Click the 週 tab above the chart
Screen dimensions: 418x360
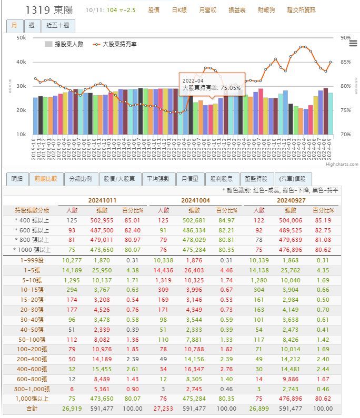32,25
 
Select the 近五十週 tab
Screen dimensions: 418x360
58,25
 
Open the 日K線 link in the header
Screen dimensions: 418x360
180,10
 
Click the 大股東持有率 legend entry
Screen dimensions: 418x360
115,45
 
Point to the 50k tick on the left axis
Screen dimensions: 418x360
21,38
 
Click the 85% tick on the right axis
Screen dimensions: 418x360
345,62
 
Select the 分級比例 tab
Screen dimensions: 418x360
81,179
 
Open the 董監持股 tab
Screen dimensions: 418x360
256,179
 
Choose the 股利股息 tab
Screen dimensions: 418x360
222,179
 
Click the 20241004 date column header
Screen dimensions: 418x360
196,200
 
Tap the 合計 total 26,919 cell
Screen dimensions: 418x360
72,408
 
